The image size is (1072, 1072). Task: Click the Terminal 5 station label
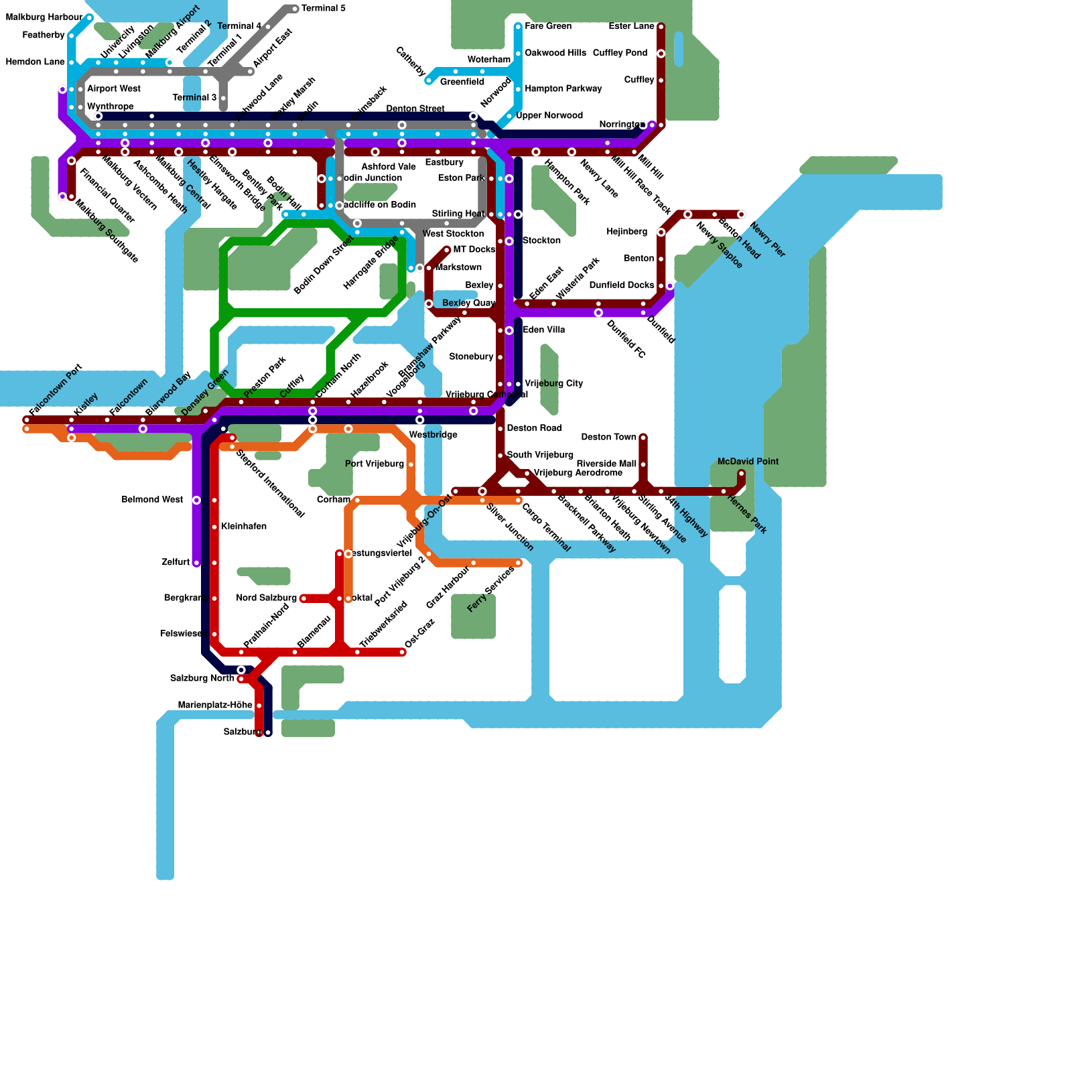[324, 9]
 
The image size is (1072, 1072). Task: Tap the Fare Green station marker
[518, 27]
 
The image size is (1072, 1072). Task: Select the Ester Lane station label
[631, 27]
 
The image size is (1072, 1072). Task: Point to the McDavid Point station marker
[741, 474]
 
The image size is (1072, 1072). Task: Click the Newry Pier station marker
[741, 214]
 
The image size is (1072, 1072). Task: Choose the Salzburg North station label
[202, 679]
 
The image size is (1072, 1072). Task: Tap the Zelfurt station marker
[196, 563]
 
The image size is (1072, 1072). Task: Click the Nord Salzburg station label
[266, 598]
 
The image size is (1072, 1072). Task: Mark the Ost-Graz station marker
[403, 652]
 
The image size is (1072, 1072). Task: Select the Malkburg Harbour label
[44, 17]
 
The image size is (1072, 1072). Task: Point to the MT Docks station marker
[446, 250]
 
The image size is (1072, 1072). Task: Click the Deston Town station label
[608, 438]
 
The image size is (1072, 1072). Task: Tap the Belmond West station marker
[196, 500]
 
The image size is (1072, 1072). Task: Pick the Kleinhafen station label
[244, 527]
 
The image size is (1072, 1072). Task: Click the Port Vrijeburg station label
[375, 464]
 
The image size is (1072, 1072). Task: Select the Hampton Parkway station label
[563, 89]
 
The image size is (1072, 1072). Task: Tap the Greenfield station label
[462, 82]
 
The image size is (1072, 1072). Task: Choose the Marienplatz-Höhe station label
[215, 706]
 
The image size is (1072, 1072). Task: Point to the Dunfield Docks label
[622, 285]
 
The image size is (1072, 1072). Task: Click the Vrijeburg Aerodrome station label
[578, 473]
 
